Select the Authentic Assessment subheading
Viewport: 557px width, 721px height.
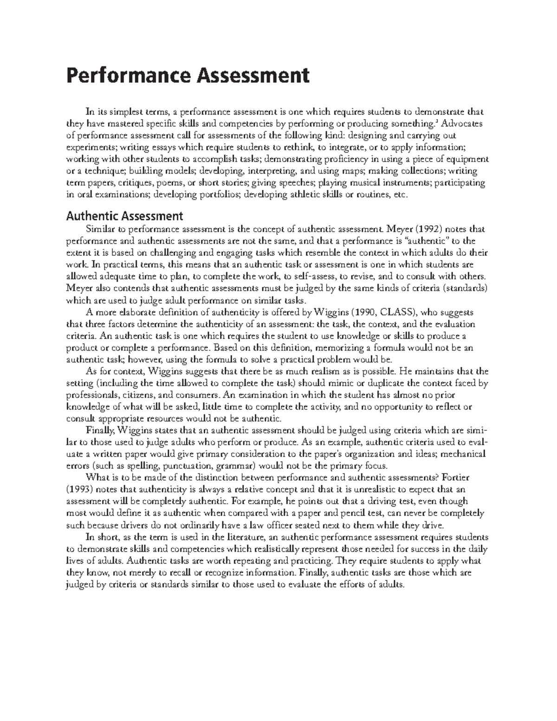124,216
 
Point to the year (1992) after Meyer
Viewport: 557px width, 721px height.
426,229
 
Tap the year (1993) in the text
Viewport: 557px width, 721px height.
80,489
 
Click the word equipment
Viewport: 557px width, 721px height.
467,159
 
